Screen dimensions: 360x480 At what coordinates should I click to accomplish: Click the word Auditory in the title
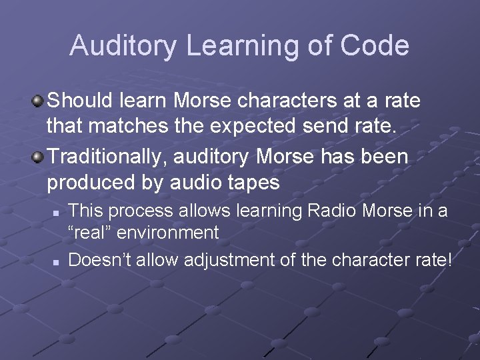124,45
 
